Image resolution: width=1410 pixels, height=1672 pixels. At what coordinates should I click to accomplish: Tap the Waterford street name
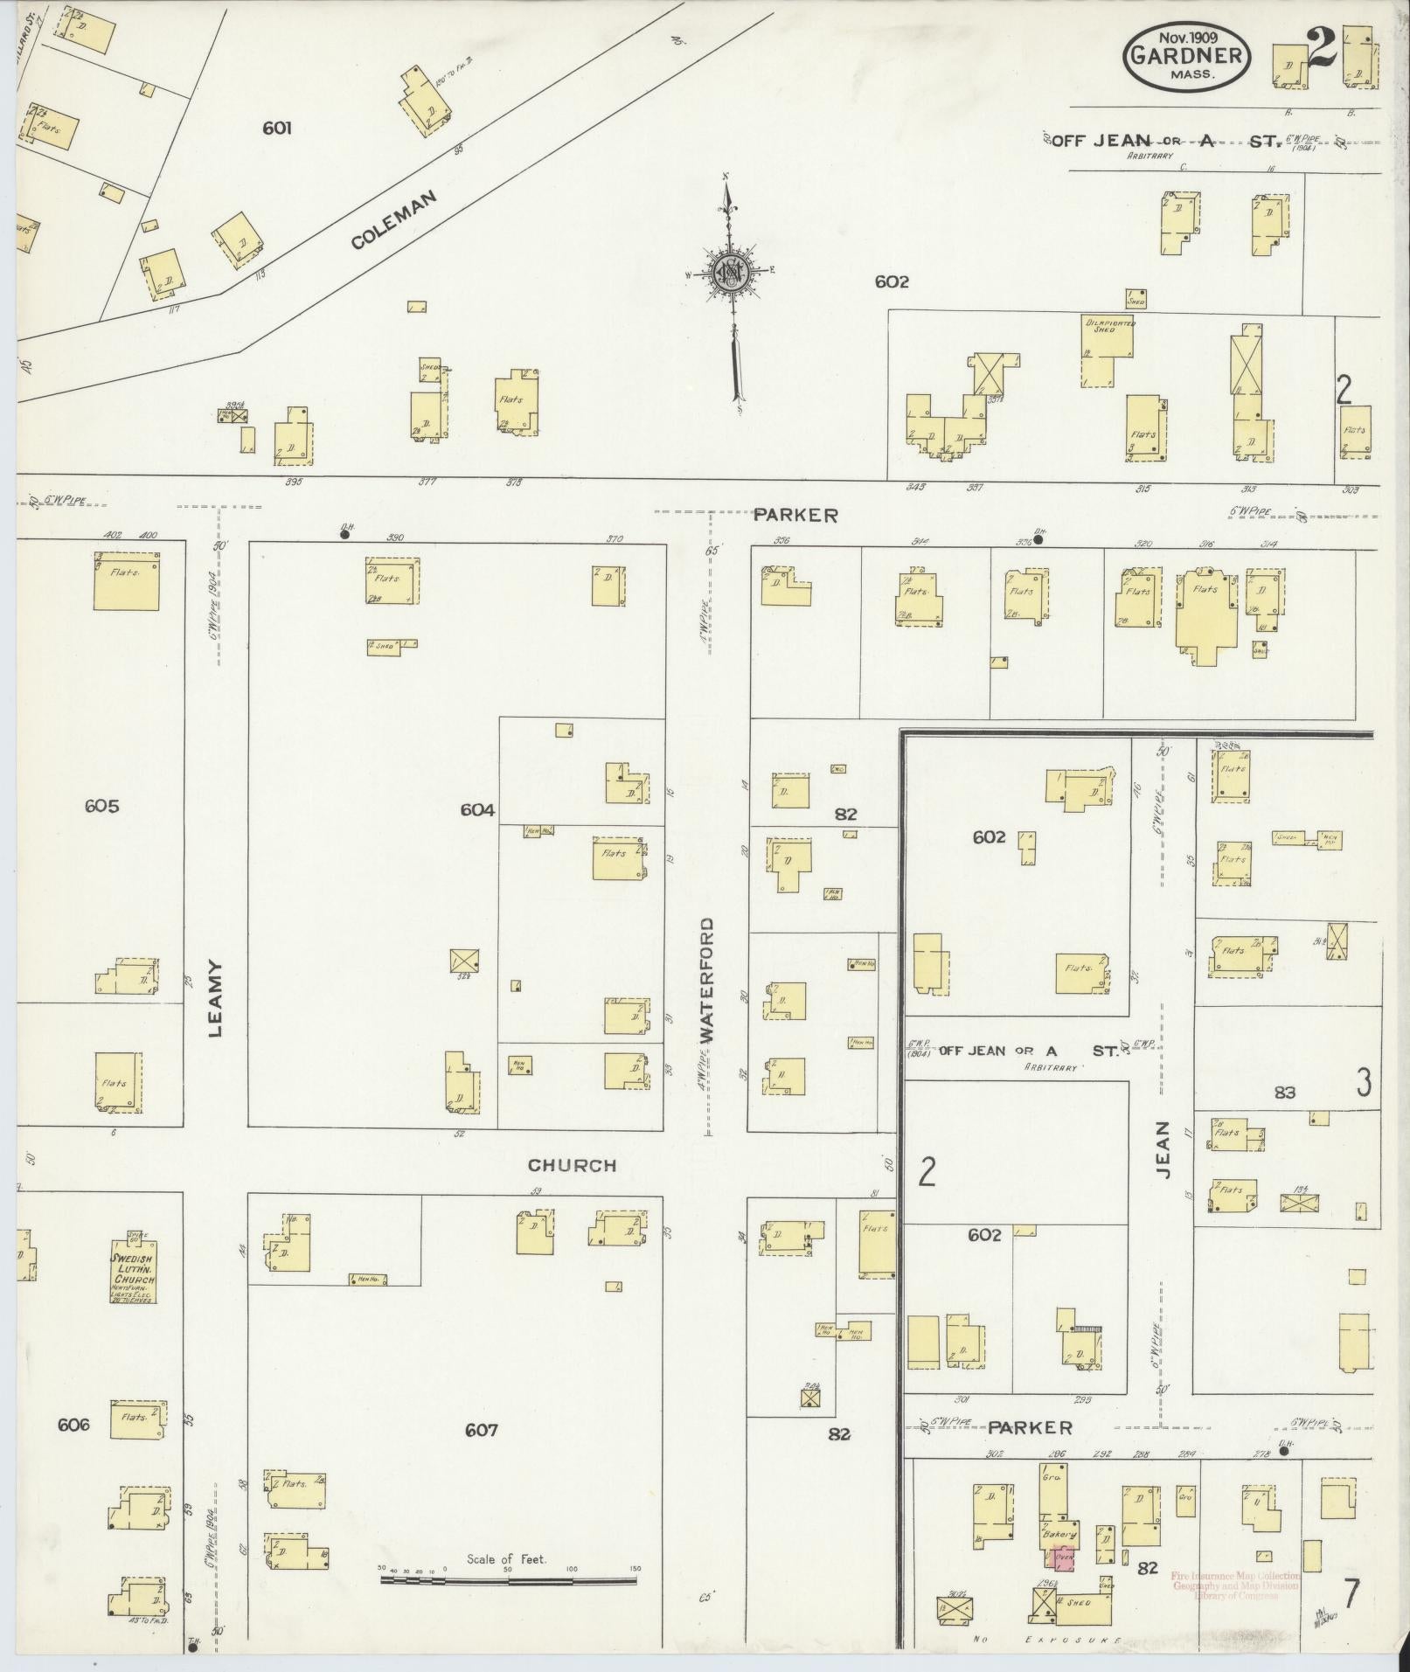pos(707,979)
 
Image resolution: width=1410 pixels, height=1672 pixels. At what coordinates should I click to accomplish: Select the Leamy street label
pos(216,999)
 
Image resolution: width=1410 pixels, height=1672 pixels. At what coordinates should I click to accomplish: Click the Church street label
pos(572,1165)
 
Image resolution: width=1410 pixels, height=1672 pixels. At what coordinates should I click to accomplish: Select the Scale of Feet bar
pos(508,1580)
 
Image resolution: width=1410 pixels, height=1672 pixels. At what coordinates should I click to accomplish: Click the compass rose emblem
pos(729,274)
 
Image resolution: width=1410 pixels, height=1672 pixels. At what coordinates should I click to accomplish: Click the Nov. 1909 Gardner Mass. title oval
pos(1188,55)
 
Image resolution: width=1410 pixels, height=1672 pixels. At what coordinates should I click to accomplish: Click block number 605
pos(101,806)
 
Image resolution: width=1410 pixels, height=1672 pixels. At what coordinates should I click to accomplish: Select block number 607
pos(481,1430)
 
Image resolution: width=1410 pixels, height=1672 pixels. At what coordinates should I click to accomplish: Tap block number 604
pos(477,810)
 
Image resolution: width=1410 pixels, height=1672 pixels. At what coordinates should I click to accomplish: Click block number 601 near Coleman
pos(276,128)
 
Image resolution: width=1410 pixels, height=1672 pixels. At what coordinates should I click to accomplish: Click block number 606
pos(73,1425)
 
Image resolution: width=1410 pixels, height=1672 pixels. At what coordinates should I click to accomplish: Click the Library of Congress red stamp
pos(1235,1585)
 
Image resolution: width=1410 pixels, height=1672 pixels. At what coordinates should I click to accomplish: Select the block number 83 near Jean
pos(1284,1092)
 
